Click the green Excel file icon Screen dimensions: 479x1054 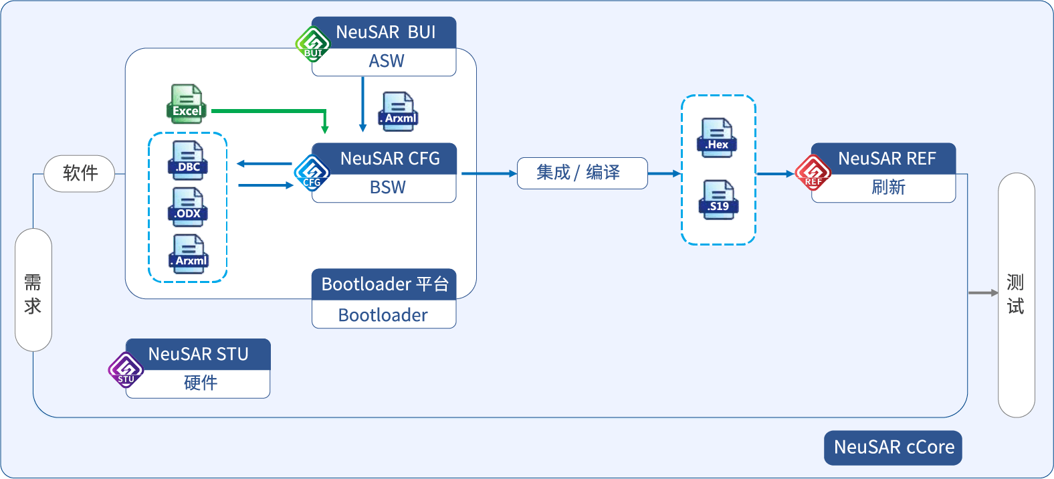tap(186, 104)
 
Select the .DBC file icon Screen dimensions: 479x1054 tap(188, 161)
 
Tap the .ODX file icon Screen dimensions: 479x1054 tap(188, 207)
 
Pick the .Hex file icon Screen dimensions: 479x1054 tap(717, 138)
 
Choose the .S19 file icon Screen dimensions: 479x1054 tap(718, 200)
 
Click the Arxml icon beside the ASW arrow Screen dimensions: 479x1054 tap(399, 112)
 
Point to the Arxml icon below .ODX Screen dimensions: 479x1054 tap(189, 254)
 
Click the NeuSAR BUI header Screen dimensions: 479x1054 tap(385, 32)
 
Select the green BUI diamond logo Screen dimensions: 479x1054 tap(313, 44)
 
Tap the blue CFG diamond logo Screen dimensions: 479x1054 tap(312, 173)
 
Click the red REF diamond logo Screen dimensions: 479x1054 tap(813, 173)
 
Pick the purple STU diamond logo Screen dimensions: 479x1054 tap(126, 370)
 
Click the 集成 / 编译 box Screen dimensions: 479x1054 tap(582, 173)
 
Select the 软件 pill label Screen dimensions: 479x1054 tap(80, 173)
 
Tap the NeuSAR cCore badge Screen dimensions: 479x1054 tap(893, 448)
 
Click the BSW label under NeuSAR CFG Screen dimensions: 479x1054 tap(388, 188)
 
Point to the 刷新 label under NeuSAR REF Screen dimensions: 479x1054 tap(887, 188)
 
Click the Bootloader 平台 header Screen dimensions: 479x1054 tap(384, 284)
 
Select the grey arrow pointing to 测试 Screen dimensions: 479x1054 tap(982, 293)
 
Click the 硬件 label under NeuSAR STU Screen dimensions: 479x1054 tap(200, 383)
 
